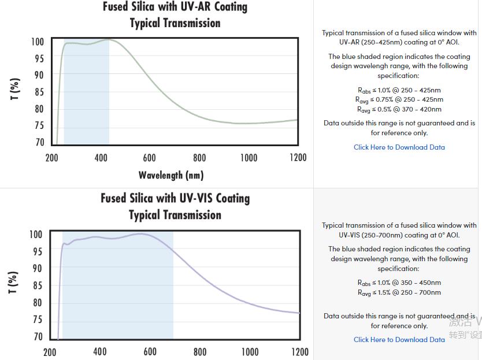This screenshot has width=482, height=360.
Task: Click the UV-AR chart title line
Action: coord(175,8)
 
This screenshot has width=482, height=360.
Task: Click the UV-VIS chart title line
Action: coord(175,199)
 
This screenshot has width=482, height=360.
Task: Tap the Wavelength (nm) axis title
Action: coord(171,175)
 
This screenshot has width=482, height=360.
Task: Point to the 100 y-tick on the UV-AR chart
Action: coord(38,42)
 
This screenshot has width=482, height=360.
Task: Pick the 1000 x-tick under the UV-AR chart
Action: coord(249,158)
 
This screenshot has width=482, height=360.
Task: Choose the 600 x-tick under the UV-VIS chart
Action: coord(150,351)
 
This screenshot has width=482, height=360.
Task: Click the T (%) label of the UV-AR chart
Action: coord(16,89)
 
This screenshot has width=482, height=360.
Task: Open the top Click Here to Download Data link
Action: coord(399,147)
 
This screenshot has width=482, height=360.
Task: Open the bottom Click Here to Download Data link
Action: coord(399,340)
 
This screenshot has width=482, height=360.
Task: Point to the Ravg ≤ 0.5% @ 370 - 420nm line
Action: coord(399,109)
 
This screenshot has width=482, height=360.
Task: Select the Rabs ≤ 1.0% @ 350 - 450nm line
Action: coord(399,283)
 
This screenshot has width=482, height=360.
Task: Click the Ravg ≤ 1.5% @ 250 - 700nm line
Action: coord(399,292)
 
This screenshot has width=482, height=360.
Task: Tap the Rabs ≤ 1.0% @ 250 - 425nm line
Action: coord(399,90)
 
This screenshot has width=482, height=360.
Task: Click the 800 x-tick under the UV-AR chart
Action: coord(199,158)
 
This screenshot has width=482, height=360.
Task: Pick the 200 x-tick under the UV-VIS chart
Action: coord(50,351)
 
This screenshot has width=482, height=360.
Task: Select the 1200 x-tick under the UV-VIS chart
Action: coord(300,351)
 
